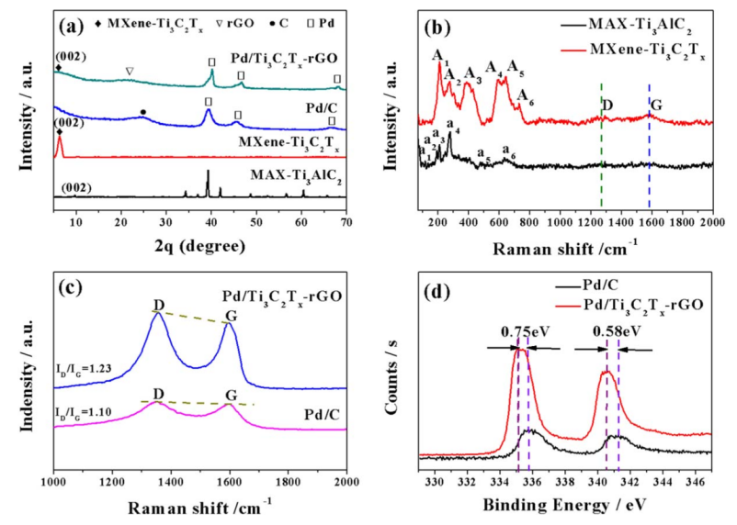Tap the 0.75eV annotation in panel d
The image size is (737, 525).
tap(522, 330)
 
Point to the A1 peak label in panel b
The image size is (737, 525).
tap(440, 54)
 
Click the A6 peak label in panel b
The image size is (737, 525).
tap(525, 95)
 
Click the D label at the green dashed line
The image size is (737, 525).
tap(607, 106)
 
